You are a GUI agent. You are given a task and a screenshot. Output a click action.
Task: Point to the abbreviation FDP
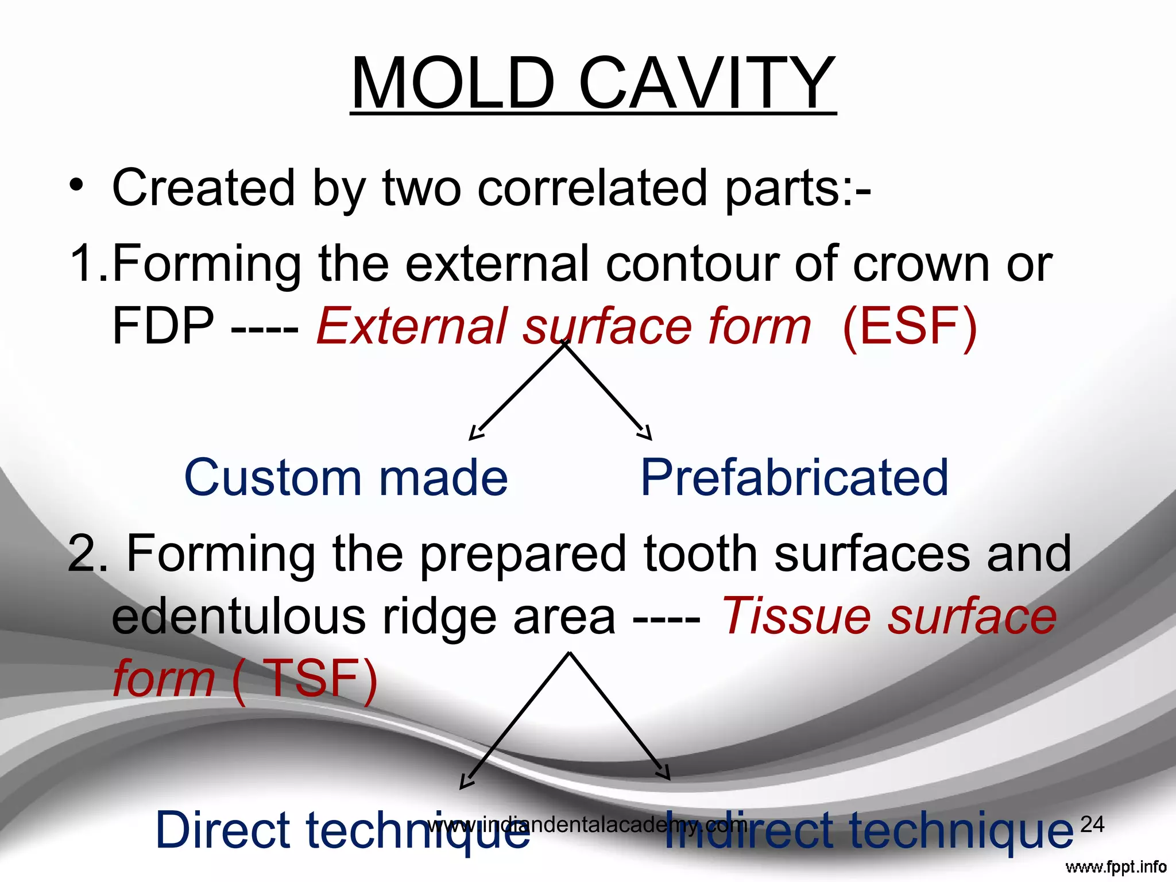tap(163, 326)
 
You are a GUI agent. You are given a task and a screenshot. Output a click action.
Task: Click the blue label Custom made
tap(346, 478)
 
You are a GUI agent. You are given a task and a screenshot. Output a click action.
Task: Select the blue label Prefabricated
tap(794, 478)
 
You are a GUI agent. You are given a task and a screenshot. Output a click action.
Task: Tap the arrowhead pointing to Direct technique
tap(466, 783)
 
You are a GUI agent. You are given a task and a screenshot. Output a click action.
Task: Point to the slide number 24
tap(1092, 824)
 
